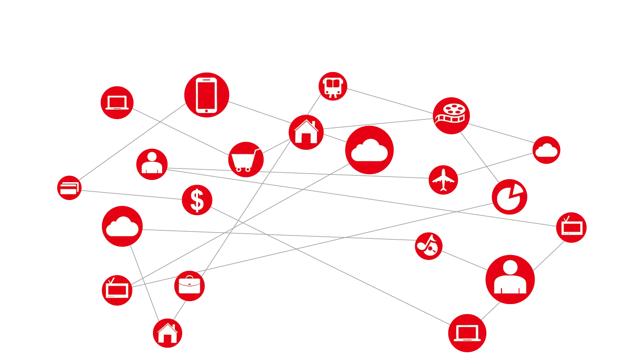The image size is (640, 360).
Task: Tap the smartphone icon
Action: click(207, 95)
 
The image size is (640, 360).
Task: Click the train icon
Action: click(333, 87)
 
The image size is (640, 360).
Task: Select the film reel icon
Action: click(451, 115)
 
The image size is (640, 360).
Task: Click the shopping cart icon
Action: click(247, 159)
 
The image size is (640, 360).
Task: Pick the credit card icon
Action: click(69, 188)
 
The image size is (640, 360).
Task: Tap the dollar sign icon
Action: click(197, 200)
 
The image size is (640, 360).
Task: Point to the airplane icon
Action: click(443, 180)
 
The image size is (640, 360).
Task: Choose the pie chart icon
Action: click(509, 197)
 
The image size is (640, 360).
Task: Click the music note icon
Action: click(428, 246)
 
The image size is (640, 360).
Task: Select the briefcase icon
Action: click(189, 285)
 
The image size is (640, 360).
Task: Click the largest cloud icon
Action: click(369, 150)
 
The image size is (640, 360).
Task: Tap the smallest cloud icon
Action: click(546, 150)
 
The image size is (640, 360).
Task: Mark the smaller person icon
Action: click(152, 164)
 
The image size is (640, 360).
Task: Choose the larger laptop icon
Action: click(467, 333)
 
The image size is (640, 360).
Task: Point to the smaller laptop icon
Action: click(117, 103)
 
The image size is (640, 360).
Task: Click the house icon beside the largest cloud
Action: click(306, 132)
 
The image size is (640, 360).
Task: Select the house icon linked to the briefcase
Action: click(168, 333)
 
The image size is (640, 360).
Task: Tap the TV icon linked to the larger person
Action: click(571, 227)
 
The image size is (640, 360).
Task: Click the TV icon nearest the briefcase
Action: click(117, 290)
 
